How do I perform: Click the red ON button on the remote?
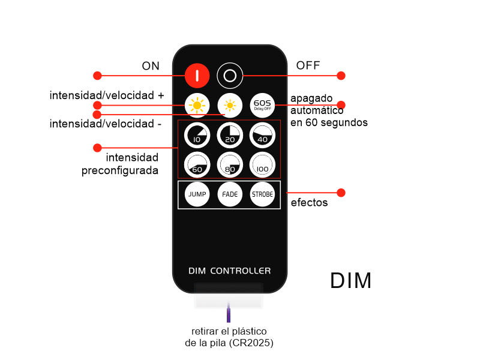(x=197, y=75)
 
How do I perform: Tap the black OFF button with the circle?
(x=230, y=76)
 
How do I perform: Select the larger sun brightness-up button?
(x=197, y=106)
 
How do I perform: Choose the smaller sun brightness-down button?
(x=230, y=106)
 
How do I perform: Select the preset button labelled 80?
(x=229, y=164)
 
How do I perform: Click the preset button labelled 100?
(x=262, y=164)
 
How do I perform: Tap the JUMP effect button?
(x=197, y=194)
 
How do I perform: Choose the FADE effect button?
(x=230, y=194)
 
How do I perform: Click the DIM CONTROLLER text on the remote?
(x=229, y=271)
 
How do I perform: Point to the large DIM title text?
(x=350, y=281)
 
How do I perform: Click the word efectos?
(x=309, y=203)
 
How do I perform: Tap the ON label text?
(x=151, y=66)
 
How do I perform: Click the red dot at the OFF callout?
(x=341, y=76)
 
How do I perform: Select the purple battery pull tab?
(x=229, y=314)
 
